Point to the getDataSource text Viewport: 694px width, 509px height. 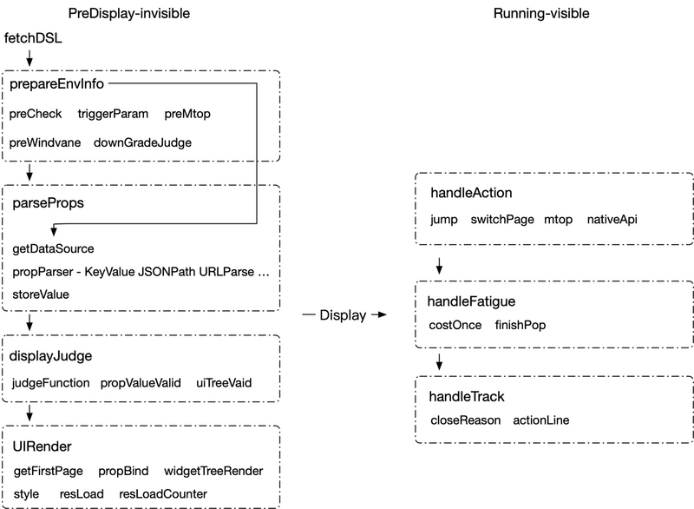pyautogui.click(x=53, y=249)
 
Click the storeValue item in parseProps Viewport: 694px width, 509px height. pyautogui.click(x=41, y=294)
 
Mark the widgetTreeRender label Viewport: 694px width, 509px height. pyautogui.click(x=213, y=471)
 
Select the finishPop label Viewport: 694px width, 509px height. pyautogui.click(x=520, y=325)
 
